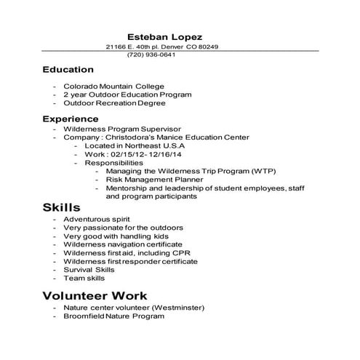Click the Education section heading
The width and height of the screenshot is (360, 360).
68,71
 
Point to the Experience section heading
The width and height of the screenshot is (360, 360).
70,119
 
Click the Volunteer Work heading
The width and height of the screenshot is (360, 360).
95,296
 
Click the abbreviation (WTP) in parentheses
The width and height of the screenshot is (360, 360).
261,172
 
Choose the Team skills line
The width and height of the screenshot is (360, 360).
84,278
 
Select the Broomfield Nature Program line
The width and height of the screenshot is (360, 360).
113,317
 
